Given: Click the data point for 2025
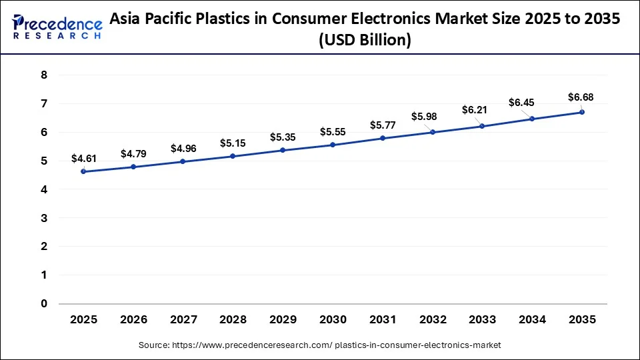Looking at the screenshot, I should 83,171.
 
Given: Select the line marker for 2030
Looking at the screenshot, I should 333,145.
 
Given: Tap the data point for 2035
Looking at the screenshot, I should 582,112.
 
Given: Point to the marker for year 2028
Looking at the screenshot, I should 233,156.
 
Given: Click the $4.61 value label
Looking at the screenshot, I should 83,159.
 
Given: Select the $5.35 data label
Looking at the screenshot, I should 283,137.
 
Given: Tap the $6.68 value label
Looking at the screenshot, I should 580,97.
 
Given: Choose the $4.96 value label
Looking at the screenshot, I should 183,148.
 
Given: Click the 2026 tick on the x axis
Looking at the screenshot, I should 133,320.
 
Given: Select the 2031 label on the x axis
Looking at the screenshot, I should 383,320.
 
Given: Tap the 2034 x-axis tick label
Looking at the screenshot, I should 532,320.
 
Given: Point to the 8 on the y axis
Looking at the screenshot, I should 44,75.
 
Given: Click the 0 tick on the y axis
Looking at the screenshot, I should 44,304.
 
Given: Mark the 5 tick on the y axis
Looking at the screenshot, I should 44,161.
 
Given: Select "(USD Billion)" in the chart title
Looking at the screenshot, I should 365,40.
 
